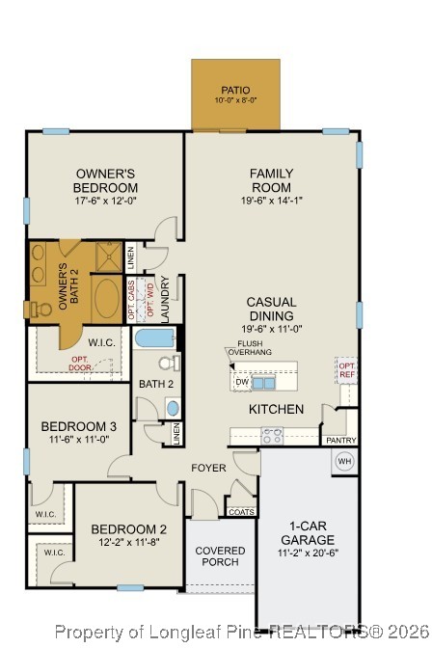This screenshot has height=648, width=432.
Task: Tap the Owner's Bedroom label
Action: [x=106, y=180]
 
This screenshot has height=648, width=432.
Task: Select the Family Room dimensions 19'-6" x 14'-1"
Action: [x=271, y=201]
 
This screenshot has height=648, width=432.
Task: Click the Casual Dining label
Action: [x=271, y=309]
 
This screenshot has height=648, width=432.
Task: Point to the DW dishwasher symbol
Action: [x=241, y=382]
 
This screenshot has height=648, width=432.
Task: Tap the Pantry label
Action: [x=340, y=441]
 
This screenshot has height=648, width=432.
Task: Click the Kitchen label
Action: [x=277, y=409]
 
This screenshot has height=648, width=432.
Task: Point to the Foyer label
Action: [x=208, y=469]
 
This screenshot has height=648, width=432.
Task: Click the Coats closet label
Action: [x=242, y=512]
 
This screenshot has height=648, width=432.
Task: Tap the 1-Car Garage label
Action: [x=308, y=533]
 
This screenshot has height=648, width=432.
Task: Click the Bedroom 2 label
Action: [x=129, y=528]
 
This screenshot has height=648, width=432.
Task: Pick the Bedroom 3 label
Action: [x=79, y=426]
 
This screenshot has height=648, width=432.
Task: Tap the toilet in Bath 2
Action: [x=169, y=364]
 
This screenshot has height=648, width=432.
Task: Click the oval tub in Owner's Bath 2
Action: [x=107, y=301]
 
